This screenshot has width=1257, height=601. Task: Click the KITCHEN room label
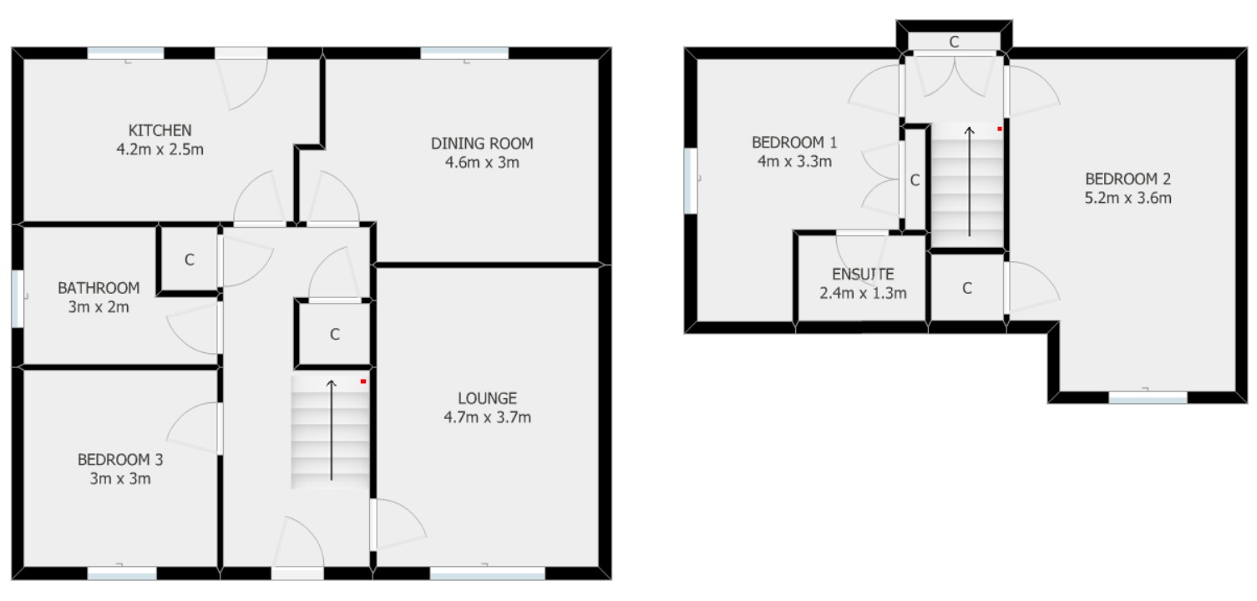160,130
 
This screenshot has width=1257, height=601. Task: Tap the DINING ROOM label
482,143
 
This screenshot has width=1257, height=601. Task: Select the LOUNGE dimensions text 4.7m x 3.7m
487,417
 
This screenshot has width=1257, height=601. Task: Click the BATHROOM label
99,288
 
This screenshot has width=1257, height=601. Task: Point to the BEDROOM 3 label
120,459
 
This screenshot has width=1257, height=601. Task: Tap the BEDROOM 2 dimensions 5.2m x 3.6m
1128,198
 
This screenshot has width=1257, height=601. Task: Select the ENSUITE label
863,274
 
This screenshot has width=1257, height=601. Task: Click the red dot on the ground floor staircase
363,381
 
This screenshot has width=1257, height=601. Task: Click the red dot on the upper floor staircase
999,129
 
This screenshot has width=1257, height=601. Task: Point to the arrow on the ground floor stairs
332,430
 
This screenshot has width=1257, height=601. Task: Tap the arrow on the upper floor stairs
969,182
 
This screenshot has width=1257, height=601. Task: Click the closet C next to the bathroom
190,260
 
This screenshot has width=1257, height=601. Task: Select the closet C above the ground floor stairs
334,335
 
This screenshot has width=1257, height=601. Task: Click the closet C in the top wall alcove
954,41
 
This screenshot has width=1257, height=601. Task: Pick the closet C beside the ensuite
967,288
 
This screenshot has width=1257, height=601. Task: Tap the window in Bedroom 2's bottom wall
1148,398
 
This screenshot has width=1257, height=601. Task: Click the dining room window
464,53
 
